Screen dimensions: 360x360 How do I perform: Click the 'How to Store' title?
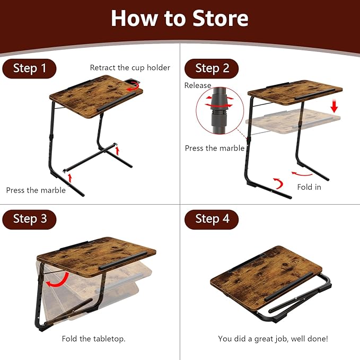point(179,19)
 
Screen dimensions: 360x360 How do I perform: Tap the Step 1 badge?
point(29,68)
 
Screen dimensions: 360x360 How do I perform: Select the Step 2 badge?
point(212,68)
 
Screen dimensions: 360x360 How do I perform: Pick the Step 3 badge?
point(29,219)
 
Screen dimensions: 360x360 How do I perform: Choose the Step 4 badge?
point(212,219)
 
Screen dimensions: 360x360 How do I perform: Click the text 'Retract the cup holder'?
point(130,67)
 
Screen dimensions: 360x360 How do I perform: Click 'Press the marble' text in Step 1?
point(36,190)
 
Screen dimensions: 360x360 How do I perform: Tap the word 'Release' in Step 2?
point(198,85)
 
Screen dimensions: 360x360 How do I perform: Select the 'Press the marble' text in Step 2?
point(215,148)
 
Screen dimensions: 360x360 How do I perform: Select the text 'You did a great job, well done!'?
point(273,338)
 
